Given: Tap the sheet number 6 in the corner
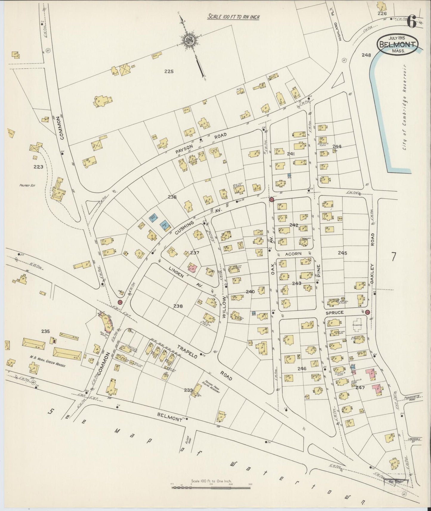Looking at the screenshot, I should coord(412,22).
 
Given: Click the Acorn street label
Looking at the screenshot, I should coord(293,253).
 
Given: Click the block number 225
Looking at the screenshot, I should coord(169,71).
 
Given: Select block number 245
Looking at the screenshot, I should coord(342,253).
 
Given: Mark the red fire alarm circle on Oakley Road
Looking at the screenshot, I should coord(367,312).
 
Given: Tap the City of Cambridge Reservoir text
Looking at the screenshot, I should coord(404,107).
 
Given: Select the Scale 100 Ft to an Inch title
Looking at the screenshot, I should coord(234,17).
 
